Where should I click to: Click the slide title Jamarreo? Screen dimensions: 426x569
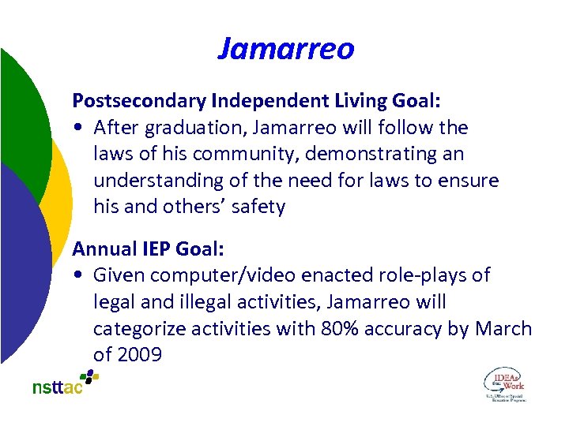click(x=285, y=49)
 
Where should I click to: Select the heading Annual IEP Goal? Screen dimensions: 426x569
click(x=149, y=249)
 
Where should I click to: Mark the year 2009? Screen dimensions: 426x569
click(x=139, y=355)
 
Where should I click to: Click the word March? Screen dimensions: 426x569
click(x=503, y=329)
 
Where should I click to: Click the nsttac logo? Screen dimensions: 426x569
click(x=66, y=383)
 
